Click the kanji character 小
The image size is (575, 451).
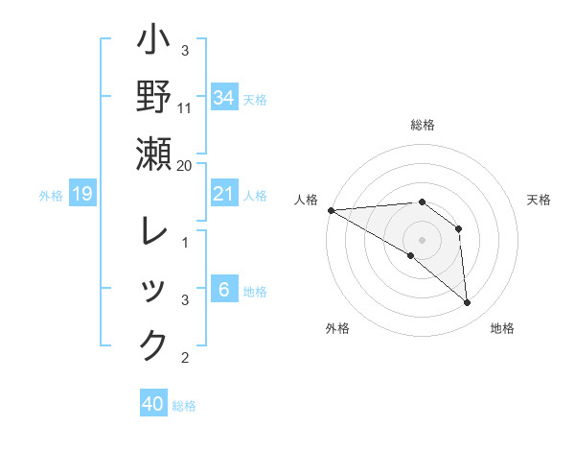click(153, 43)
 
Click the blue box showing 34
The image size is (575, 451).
click(223, 97)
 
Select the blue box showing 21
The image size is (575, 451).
click(223, 195)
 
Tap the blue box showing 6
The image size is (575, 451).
click(223, 289)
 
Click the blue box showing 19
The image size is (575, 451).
click(81, 195)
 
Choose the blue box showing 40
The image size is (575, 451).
click(153, 404)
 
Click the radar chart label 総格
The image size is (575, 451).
click(423, 125)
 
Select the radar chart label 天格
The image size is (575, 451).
click(540, 200)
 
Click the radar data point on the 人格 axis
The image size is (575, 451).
click(331, 210)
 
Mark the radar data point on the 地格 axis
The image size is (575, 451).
click(468, 303)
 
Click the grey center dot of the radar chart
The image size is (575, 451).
click(423, 240)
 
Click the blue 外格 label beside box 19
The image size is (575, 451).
click(51, 196)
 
